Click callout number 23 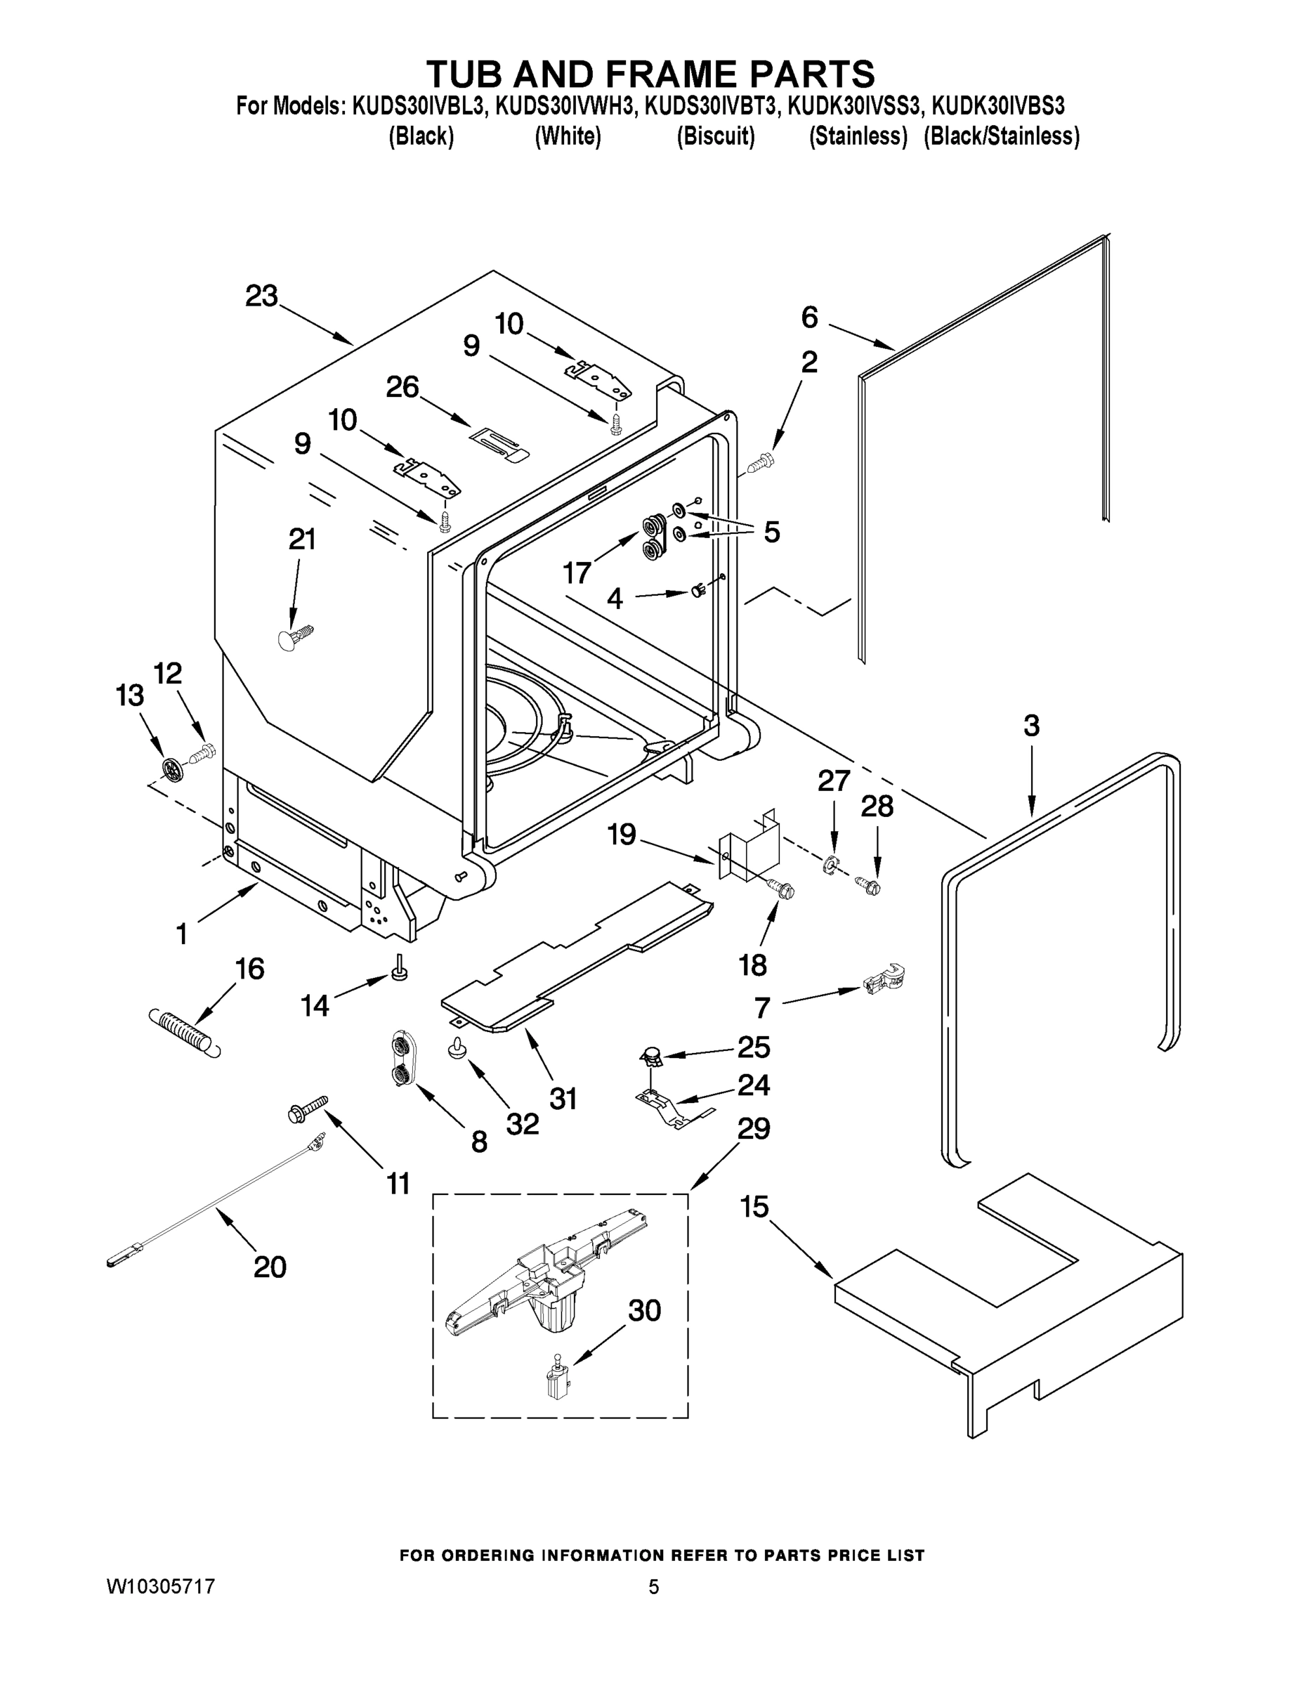pos(261,296)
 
